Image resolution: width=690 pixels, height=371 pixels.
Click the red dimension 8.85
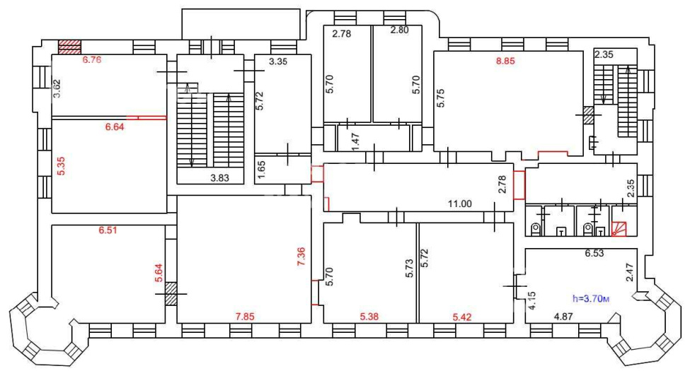[505, 61]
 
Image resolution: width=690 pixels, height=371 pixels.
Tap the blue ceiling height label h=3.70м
[591, 299]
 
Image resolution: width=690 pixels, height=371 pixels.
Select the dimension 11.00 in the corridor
[460, 204]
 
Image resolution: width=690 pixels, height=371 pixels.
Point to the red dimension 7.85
[245, 317]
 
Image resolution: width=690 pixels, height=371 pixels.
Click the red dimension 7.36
[301, 257]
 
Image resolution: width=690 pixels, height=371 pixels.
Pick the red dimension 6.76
[92, 60]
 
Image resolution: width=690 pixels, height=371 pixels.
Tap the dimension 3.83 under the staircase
[219, 178]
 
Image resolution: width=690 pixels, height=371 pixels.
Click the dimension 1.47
[356, 141]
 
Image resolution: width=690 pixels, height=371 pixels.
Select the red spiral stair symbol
[620, 228]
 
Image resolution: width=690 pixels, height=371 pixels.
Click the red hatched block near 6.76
[70, 47]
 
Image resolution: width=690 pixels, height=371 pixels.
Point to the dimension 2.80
[400, 30]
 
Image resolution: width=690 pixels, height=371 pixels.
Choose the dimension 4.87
[563, 317]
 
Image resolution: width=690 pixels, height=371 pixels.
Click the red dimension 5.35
[61, 166]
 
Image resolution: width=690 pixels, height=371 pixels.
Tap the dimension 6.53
[594, 253]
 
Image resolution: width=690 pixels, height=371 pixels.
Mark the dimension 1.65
[261, 169]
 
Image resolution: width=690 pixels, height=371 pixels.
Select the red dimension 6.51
[108, 230]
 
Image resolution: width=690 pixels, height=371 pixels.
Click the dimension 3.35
[278, 61]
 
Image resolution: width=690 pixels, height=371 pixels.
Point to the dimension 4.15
[532, 300]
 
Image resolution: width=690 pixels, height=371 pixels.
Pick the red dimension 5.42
[462, 317]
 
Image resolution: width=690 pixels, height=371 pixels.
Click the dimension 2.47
[629, 272]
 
